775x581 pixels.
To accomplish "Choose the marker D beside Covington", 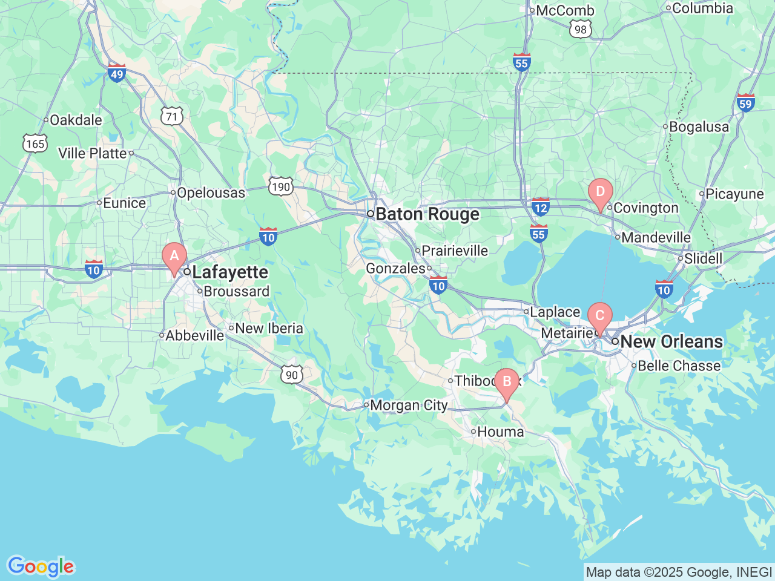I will (x=600, y=193).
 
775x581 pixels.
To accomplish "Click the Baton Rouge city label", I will (x=427, y=214).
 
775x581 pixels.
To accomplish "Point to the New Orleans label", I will (x=671, y=342).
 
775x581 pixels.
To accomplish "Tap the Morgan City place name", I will (x=409, y=405).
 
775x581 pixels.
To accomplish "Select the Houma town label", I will (x=500, y=432).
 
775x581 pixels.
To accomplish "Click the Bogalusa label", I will (x=699, y=127).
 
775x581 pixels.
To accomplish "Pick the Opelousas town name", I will (x=211, y=193).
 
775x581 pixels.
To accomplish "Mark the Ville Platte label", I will (x=93, y=154).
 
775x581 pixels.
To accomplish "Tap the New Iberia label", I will (x=269, y=329).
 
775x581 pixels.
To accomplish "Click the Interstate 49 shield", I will (x=116, y=73).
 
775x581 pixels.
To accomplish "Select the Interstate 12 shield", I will (x=540, y=207).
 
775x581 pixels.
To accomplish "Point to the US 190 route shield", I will (x=281, y=186).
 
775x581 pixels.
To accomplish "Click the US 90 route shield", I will (x=292, y=375).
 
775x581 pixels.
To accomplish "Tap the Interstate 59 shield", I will (x=745, y=102).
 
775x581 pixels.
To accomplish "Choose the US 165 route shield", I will (x=35, y=143).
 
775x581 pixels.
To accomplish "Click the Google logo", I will (x=40, y=566).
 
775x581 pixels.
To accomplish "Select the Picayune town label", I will (x=734, y=194).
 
